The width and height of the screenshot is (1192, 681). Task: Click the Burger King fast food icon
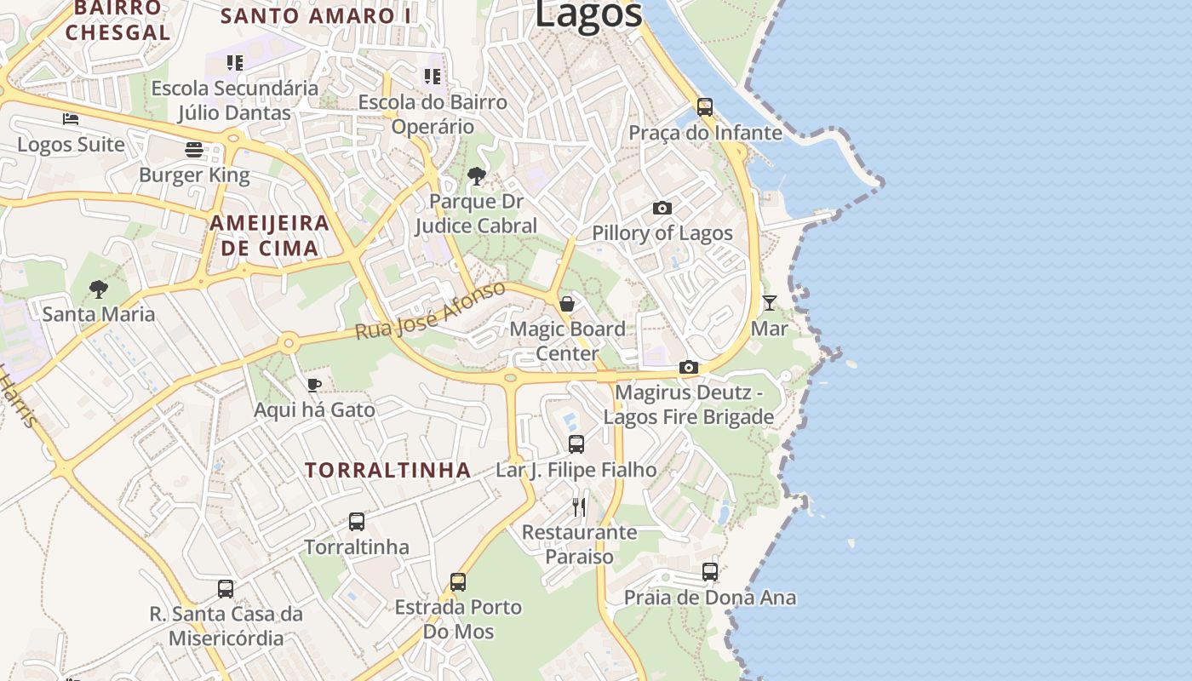point(194,150)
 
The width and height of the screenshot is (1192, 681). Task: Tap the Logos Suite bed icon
point(71,119)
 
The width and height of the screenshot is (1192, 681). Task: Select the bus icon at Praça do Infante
point(704,107)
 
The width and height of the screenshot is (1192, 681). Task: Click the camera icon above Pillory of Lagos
point(662,208)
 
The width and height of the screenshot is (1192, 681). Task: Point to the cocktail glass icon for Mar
point(769,302)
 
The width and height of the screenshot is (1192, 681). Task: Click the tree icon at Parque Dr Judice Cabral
point(477,176)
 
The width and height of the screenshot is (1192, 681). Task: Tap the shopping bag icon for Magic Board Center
point(567,303)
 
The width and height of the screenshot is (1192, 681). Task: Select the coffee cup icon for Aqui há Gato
point(313,385)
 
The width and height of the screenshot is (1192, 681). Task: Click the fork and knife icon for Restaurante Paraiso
point(579,507)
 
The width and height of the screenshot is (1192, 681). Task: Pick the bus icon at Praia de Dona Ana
point(710,572)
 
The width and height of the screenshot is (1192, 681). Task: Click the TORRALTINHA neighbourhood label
point(388,470)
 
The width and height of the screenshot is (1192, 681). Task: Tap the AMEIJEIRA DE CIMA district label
point(269,236)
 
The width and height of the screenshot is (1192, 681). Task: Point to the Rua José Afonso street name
point(430,311)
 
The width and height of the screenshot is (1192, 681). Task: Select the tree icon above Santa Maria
point(99,289)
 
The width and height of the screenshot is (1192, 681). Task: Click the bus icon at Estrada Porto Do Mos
point(458,582)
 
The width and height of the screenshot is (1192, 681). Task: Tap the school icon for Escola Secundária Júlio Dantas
point(235,63)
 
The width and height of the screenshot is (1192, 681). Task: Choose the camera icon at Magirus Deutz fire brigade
point(689,368)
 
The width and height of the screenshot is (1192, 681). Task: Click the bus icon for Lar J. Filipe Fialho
point(576,444)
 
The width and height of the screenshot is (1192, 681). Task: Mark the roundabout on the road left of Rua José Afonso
point(289,343)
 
